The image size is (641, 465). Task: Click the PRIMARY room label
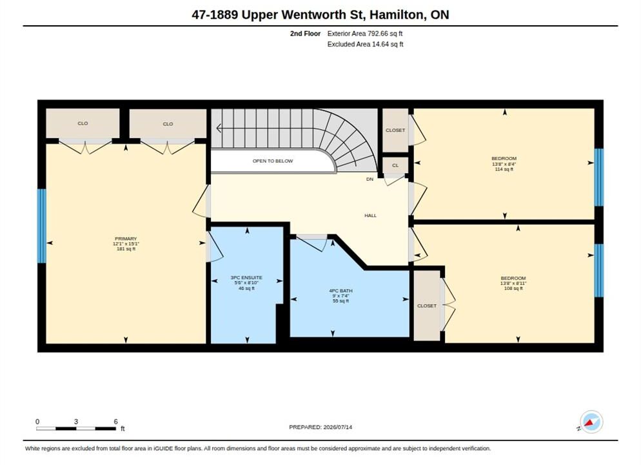point(126,239)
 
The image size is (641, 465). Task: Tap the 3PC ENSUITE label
point(246,278)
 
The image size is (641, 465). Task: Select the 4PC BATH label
point(341,291)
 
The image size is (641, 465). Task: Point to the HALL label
point(371,215)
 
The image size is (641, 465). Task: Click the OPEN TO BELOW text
point(273,161)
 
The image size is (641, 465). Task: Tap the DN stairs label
point(370,180)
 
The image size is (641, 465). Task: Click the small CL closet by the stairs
point(395,165)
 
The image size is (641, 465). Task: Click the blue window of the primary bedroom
point(42,226)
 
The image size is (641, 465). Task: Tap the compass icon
point(591,422)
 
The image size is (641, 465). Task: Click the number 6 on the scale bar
point(115,422)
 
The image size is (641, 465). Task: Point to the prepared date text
point(320,427)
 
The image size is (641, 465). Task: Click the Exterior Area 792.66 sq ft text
point(365,34)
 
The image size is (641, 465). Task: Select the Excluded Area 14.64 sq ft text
point(366,44)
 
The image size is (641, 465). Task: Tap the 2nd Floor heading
point(306,34)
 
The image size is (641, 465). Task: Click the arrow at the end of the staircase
point(219,128)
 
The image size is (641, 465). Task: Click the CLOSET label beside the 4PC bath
point(427,305)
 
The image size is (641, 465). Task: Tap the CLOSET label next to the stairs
point(395,130)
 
